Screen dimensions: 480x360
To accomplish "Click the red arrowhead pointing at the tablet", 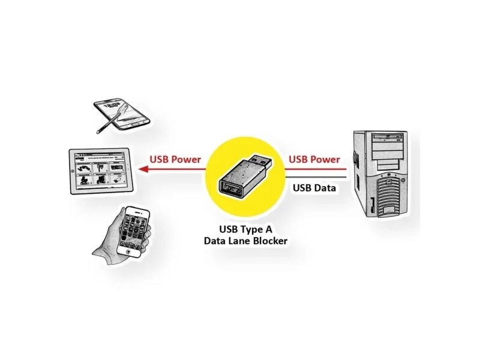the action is [x=143, y=169].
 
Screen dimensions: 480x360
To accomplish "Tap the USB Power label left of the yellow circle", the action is [x=175, y=160].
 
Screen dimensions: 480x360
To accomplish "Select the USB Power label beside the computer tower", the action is [x=314, y=160].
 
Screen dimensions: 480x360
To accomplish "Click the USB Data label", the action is [x=314, y=188].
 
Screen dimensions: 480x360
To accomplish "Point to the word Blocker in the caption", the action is [x=269, y=241].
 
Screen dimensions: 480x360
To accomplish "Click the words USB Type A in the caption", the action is [x=245, y=229].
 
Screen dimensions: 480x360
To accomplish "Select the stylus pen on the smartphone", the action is [x=109, y=123].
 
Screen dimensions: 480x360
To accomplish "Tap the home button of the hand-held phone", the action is [x=128, y=252].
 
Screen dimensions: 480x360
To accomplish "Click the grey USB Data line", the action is [x=316, y=177].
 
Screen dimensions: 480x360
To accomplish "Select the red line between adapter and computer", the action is [x=316, y=169].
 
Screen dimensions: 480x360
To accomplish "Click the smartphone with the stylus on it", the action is [x=122, y=114].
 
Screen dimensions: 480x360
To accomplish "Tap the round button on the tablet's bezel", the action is [x=73, y=171].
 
